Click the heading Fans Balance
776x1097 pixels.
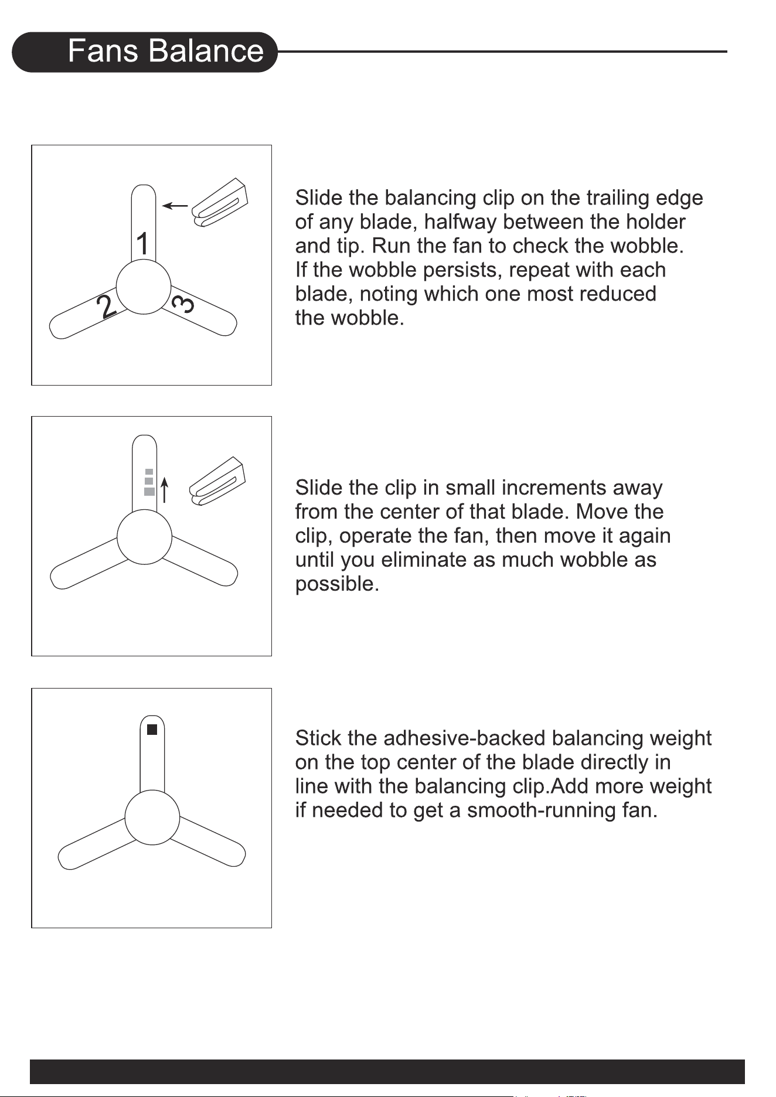click(x=166, y=51)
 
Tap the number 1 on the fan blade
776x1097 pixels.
click(x=142, y=244)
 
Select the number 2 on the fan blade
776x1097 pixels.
click(x=107, y=306)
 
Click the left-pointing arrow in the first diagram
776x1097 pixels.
click(x=175, y=206)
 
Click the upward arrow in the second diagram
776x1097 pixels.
click(x=165, y=490)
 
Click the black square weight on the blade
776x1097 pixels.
click(x=152, y=730)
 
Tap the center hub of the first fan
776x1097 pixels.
click(x=144, y=287)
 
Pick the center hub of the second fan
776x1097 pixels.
click(x=144, y=537)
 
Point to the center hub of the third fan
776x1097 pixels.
click(x=152, y=817)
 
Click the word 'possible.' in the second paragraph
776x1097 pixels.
click(x=337, y=584)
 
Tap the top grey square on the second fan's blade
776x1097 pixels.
click(x=149, y=471)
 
